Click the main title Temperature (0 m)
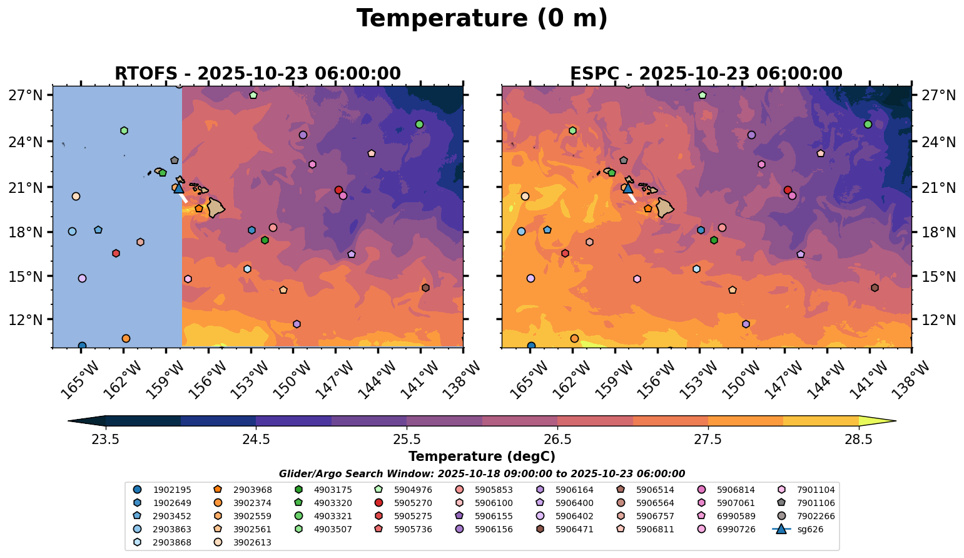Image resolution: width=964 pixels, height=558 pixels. (x=482, y=19)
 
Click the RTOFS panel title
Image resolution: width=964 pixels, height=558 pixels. (x=257, y=74)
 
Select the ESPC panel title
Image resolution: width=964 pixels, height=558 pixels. (x=706, y=74)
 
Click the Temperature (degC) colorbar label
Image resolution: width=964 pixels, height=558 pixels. (x=482, y=457)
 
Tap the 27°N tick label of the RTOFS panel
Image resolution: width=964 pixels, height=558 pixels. (x=26, y=95)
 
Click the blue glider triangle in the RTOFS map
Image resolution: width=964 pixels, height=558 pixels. (x=178, y=187)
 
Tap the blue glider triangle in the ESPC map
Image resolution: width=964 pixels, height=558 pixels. (x=627, y=187)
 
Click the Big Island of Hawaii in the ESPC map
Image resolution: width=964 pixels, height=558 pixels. (x=664, y=207)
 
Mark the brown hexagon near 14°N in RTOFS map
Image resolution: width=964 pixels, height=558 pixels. (x=425, y=288)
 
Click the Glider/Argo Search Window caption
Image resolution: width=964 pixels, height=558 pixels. (x=482, y=474)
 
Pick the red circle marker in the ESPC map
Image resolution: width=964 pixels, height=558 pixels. (x=788, y=190)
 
